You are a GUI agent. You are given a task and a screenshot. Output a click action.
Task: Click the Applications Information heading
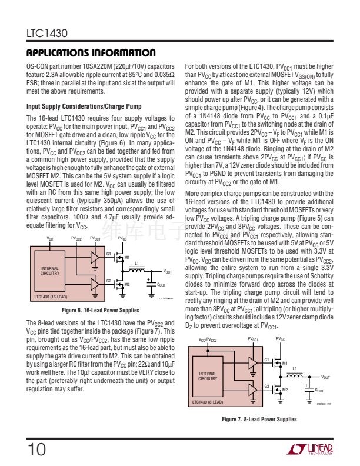[x=91, y=53]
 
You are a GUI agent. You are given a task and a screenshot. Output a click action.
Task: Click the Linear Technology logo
[x=311, y=450]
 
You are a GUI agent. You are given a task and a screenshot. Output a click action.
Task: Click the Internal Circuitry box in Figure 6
[x=50, y=271]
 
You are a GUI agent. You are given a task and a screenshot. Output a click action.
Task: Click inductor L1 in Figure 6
[x=137, y=269]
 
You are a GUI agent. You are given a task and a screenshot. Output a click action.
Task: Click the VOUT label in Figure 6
[x=167, y=271]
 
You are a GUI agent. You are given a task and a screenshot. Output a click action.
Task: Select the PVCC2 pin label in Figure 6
[x=76, y=238]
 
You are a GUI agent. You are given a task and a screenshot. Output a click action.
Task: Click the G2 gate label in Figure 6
[x=109, y=281]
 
